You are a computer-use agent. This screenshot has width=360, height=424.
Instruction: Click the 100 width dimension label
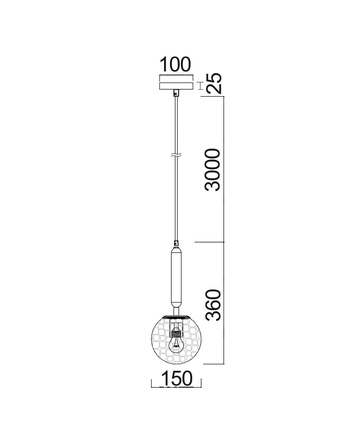click(176, 64)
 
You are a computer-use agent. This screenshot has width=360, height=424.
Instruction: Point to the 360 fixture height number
click(212, 305)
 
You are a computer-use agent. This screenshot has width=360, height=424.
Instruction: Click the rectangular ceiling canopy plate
click(176, 86)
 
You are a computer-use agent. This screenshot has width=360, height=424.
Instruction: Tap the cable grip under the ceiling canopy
click(176, 92)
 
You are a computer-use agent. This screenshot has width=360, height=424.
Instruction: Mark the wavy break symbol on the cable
click(176, 155)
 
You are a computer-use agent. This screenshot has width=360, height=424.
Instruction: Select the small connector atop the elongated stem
click(176, 243)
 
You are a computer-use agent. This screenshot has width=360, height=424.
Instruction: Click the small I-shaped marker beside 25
click(201, 86)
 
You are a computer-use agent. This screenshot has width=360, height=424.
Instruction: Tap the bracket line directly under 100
click(176, 76)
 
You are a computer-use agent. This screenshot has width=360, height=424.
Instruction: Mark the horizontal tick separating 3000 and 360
click(209, 242)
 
